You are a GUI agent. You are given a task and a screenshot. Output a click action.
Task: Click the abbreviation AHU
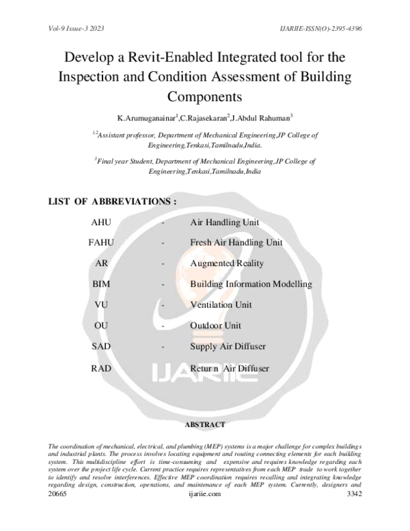(x=101, y=222)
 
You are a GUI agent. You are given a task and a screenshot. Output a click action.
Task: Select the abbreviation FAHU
(x=101, y=243)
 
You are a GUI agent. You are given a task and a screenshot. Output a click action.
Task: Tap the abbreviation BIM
(x=101, y=284)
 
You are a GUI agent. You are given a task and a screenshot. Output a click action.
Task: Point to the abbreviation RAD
(x=101, y=368)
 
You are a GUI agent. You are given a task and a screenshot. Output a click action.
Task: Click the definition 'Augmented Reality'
(x=227, y=263)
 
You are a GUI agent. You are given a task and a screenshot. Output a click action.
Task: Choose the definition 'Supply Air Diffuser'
(x=228, y=347)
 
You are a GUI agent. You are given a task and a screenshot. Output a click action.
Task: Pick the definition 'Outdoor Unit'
(x=215, y=326)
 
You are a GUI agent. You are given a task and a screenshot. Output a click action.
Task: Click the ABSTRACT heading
(x=206, y=425)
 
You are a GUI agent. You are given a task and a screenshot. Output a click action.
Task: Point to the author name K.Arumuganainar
(x=148, y=118)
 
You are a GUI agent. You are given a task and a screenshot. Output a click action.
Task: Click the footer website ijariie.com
(x=205, y=512)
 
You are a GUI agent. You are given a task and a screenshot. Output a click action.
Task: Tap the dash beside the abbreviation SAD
(x=163, y=347)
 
